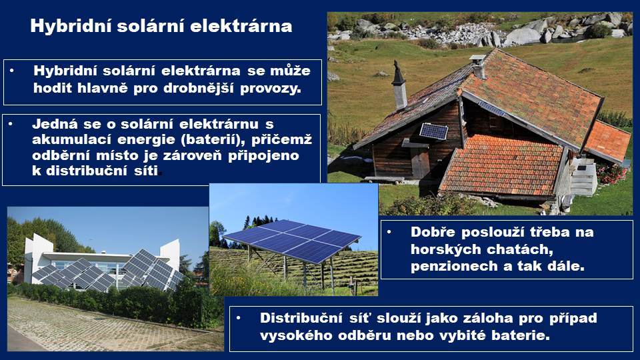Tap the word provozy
pos(271,89)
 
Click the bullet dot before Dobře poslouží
pos(389,232)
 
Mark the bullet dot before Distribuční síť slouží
pos(239,318)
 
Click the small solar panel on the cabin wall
pos(433,131)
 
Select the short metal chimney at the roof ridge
pos(478,66)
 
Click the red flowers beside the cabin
pos(611,173)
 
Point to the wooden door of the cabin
pos(420,162)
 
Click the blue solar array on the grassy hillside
pos(292,240)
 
